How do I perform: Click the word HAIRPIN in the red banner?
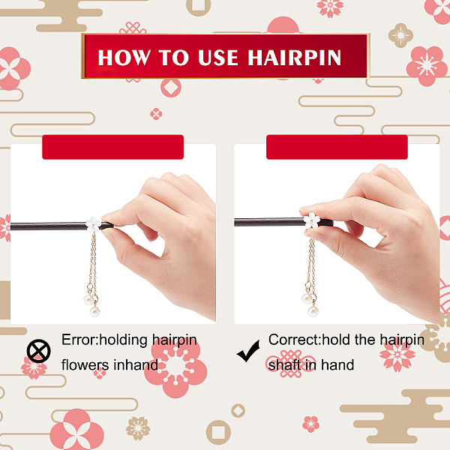coord(295,58)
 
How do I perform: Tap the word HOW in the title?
coord(124,58)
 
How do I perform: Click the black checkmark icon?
coord(248,351)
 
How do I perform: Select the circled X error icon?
coord(39,351)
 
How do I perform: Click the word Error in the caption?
coord(79,340)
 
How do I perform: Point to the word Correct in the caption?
coord(293,340)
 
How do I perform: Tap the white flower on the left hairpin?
coord(93,224)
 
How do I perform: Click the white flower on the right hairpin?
coord(312,220)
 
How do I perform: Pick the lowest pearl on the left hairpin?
coord(94,311)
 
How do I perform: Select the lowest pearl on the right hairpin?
coord(313,311)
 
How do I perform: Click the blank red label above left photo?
coord(112,147)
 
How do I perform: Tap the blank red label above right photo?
coord(337,147)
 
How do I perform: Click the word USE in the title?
coord(218,58)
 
